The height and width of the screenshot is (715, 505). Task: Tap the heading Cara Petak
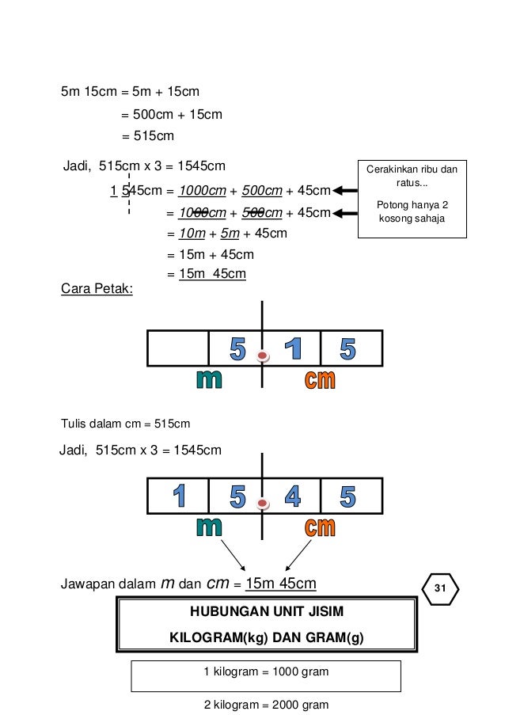click(x=97, y=290)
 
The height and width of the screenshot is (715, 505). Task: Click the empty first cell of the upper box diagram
click(x=177, y=348)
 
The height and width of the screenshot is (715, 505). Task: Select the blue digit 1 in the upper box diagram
click(x=294, y=348)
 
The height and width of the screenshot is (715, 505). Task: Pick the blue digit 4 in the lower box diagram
click(x=293, y=496)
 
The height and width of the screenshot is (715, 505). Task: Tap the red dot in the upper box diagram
click(x=264, y=357)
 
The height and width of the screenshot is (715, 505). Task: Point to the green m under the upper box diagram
click(x=209, y=380)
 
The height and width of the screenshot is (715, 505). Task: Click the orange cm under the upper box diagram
click(x=321, y=380)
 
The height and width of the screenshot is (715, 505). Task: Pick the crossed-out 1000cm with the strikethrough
click(x=202, y=212)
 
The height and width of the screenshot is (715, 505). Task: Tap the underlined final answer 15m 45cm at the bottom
click(x=281, y=584)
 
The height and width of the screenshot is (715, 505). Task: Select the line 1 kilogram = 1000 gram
click(x=266, y=671)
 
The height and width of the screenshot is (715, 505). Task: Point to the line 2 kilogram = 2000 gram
click(x=266, y=705)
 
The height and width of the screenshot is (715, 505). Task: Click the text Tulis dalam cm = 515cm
click(x=125, y=423)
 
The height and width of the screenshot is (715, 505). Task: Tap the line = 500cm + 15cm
click(x=171, y=115)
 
